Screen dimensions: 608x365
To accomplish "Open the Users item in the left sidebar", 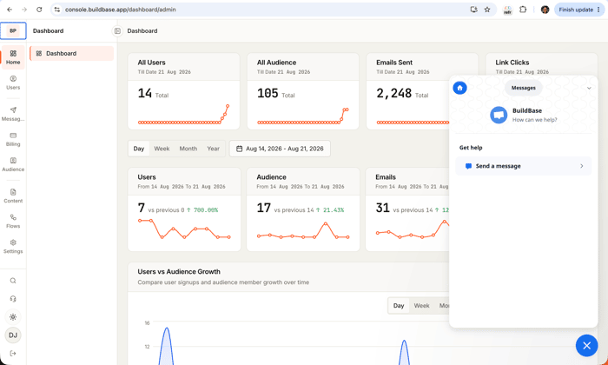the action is pos(13,83).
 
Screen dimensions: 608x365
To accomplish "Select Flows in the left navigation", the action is pos(13,221).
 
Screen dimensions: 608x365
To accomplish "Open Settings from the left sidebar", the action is pos(13,246).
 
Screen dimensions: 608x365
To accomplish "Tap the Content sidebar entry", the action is pos(13,196).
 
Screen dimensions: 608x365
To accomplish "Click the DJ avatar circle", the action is pos(13,335).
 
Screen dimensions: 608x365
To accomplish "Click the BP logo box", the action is pos(13,30).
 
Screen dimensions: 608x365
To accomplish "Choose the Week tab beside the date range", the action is pos(162,149).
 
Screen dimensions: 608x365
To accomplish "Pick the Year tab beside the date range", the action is pos(214,149).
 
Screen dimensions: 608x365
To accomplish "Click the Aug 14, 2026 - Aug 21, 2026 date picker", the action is pos(280,149).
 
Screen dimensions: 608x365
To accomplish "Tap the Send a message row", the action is pos(524,166).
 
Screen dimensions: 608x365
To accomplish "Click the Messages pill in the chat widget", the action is pos(524,88).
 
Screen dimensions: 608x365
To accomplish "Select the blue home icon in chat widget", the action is pos(459,88).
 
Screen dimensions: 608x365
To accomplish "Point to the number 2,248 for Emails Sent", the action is pos(394,94).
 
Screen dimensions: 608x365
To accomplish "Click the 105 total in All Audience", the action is pos(268,94).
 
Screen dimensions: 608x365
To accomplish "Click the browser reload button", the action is pos(39,10).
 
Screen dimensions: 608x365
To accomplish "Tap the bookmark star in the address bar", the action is pos(487,10).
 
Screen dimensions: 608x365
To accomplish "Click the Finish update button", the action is pos(579,10).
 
